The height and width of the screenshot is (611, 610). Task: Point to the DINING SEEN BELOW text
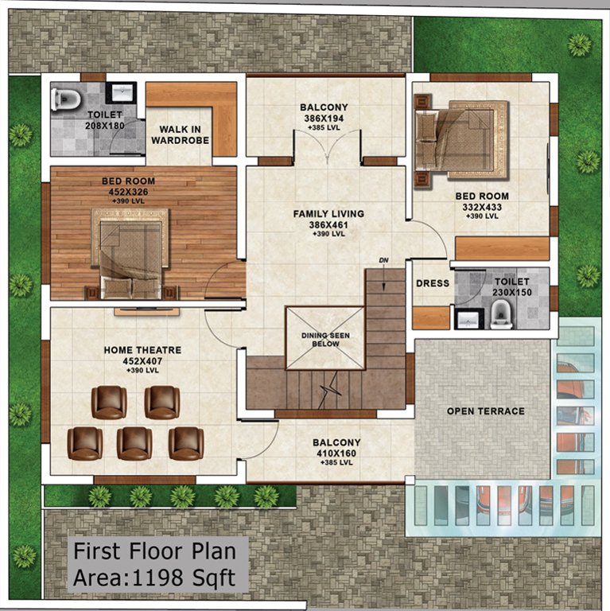tap(325, 340)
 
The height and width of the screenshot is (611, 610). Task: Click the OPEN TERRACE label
tap(485, 411)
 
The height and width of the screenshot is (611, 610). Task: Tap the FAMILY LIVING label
tap(328, 214)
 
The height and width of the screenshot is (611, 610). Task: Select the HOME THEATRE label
tap(142, 350)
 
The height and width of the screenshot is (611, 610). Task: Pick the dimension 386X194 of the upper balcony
tap(324, 118)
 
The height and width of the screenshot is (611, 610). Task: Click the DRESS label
tap(433, 283)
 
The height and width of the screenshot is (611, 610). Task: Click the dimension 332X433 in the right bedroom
tap(482, 207)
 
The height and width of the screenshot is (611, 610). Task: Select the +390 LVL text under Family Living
tap(328, 234)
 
